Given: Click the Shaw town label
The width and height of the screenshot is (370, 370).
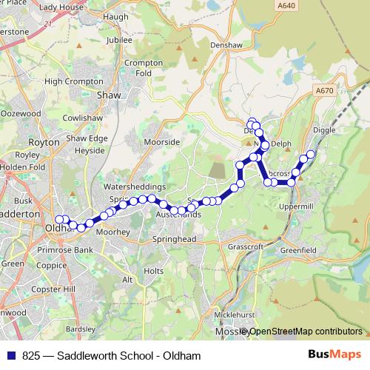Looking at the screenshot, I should coord(109,95).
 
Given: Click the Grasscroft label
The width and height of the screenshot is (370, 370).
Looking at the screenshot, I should coord(246,246).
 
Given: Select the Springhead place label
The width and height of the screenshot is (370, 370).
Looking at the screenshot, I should coord(173,240).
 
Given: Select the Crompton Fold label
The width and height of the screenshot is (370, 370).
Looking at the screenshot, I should coord(144,68).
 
